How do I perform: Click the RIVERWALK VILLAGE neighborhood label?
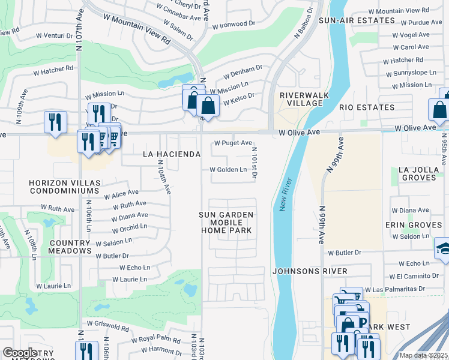(301, 99)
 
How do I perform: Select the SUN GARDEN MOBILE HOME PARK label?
(226, 223)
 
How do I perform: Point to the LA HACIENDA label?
(171, 154)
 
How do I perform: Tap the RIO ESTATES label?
(367, 107)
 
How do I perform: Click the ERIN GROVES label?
(414, 225)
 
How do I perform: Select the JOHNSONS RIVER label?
(310, 271)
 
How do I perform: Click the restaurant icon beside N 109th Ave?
(55, 122)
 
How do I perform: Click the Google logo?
(20, 353)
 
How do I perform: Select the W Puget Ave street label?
(233, 143)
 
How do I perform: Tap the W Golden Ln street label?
(228, 170)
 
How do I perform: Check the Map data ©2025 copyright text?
(423, 355)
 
